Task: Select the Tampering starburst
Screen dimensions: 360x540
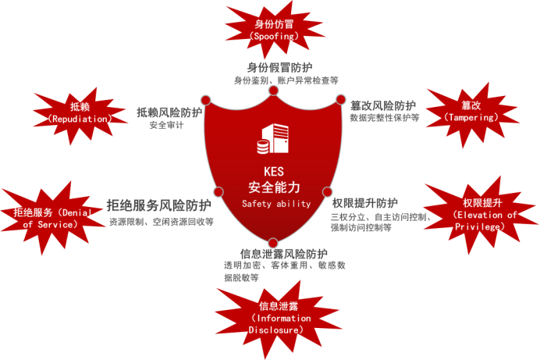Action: (x=471, y=112)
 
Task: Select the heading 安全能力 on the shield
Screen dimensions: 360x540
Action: (x=274, y=188)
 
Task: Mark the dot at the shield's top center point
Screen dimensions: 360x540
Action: (x=274, y=91)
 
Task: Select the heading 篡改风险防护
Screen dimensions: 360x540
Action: (x=382, y=105)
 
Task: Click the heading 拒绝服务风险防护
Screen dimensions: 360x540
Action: (x=158, y=206)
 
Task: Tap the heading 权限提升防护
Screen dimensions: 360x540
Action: (x=370, y=203)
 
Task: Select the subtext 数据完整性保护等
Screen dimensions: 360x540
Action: (x=384, y=118)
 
